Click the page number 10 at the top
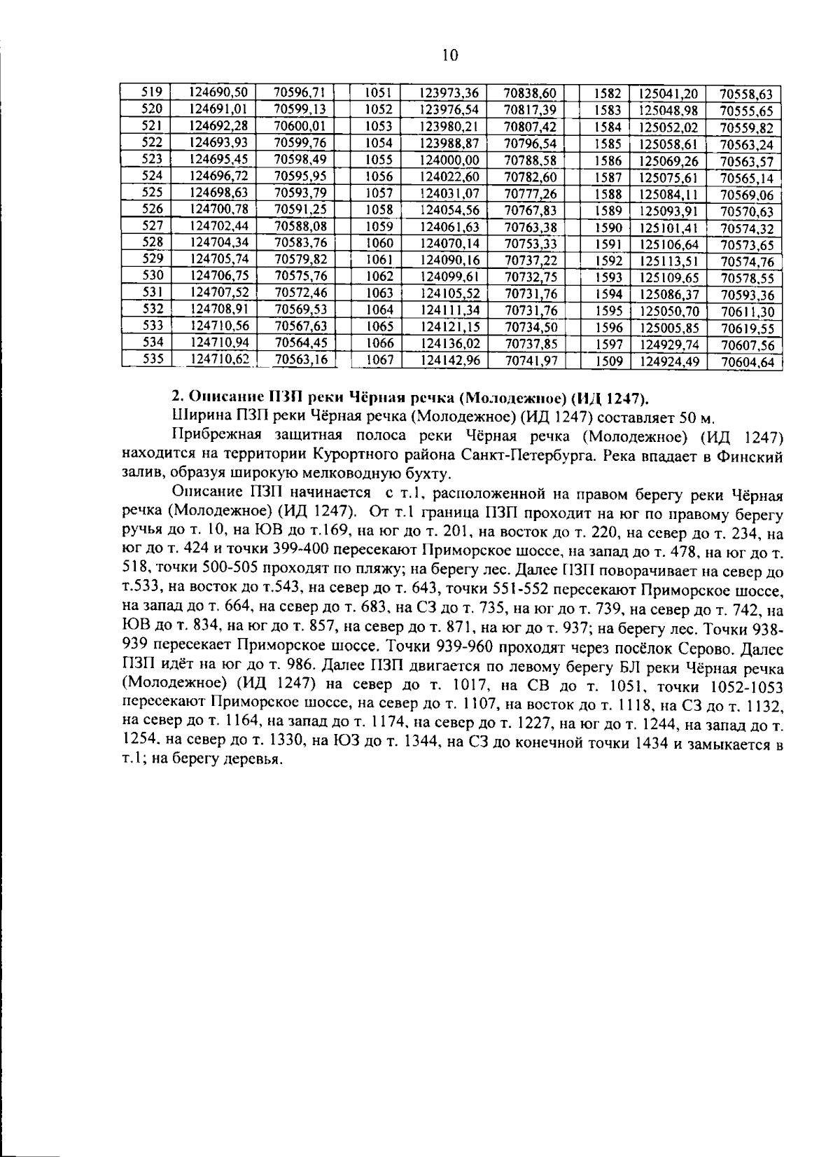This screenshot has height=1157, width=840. pyautogui.click(x=450, y=56)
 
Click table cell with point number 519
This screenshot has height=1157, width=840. pyautogui.click(x=152, y=92)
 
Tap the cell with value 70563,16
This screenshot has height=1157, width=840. pyautogui.click(x=300, y=359)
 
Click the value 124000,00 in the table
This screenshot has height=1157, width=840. pyautogui.click(x=449, y=160)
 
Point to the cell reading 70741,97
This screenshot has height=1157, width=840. pyautogui.click(x=530, y=360)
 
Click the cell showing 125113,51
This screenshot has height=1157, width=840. pyautogui.click(x=668, y=261)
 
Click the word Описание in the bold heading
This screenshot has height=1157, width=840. pyautogui.click(x=216, y=399)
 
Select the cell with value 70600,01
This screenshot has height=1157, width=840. pyautogui.click(x=300, y=125)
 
